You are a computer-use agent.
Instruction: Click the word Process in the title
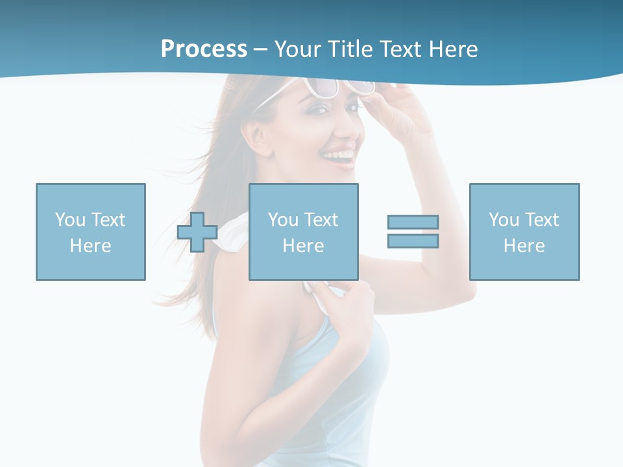coord(204,49)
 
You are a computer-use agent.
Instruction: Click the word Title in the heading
coord(350,49)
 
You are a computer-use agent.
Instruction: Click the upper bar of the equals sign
coord(413,222)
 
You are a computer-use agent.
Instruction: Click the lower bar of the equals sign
coord(413,241)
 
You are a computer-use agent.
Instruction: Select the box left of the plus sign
coord(91,232)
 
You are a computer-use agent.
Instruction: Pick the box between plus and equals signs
coord(303,232)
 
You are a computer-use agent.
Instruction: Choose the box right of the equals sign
coord(524,232)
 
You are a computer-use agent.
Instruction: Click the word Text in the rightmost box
coord(542,220)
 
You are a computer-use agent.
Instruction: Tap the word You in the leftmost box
coord(70,220)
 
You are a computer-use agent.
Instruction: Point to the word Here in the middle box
coord(303,245)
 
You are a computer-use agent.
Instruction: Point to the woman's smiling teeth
coord(339,156)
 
